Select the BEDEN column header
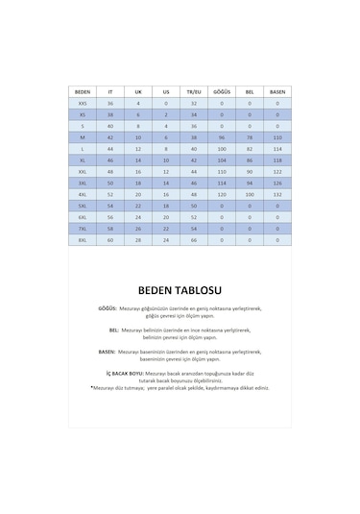point(82,91)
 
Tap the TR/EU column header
point(194,91)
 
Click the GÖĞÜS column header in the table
point(222,91)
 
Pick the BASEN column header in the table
point(277,91)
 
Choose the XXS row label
point(82,103)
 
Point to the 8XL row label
point(82,240)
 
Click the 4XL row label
point(82,194)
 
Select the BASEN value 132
point(277,194)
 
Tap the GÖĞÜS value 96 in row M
point(222,137)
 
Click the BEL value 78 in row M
point(250,137)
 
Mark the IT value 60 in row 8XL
point(110,240)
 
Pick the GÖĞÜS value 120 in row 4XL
point(222,194)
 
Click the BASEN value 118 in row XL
point(277,160)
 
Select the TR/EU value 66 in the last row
point(194,240)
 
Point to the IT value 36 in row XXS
point(110,103)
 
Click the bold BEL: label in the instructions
point(114,330)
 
